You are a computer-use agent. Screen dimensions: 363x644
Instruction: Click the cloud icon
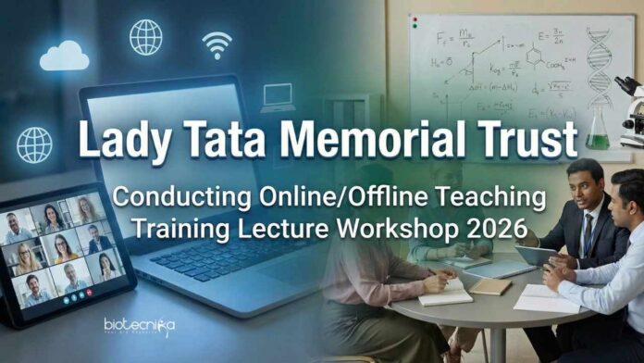coord(64,57)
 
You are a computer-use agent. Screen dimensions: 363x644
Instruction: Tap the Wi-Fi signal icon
coord(217,44)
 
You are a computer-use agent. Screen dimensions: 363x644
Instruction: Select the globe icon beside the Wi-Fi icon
coord(146,37)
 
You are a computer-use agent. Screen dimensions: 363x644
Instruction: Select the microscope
coord(632,106)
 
